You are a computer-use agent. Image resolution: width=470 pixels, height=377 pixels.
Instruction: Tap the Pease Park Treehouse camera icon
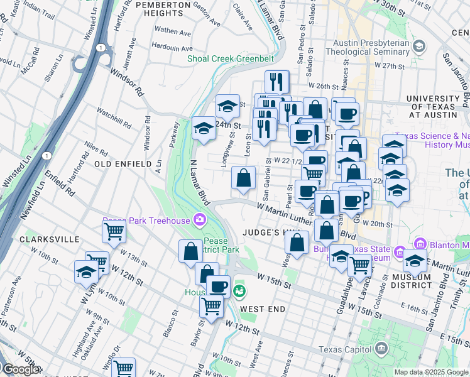pyautogui.click(x=200, y=219)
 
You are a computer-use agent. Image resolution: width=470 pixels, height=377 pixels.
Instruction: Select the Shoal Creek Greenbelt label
pyautogui.click(x=230, y=59)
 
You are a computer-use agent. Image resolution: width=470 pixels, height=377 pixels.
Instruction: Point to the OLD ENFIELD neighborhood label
pyautogui.click(x=123, y=164)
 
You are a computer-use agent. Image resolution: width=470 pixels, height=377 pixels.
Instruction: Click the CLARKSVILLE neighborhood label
pyautogui.click(x=49, y=239)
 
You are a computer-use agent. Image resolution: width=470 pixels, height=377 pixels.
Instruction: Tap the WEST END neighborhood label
pyautogui.click(x=263, y=309)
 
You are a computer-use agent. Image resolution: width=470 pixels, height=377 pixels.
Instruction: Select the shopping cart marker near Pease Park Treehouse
pyautogui.click(x=114, y=232)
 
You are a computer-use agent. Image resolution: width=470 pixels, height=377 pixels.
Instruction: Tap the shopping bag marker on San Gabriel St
pyautogui.click(x=243, y=178)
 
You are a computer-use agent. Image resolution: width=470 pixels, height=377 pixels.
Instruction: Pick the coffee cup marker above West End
pyautogui.click(x=218, y=287)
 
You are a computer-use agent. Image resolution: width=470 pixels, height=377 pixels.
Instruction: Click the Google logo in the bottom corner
pyautogui.click(x=20, y=369)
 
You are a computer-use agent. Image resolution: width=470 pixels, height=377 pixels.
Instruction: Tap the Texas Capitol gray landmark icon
pyautogui.click(x=381, y=349)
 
